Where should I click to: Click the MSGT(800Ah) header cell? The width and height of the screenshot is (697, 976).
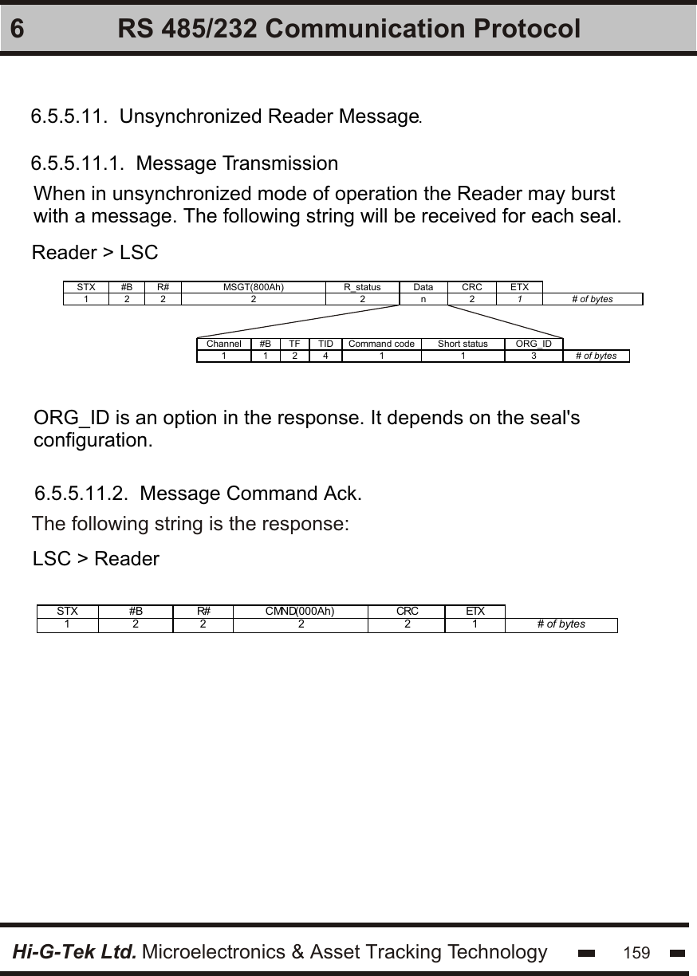click(253, 287)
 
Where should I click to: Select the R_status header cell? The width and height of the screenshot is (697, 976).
click(362, 287)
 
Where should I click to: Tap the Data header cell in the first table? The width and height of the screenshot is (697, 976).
click(423, 287)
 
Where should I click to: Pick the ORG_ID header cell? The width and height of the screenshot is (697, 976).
click(534, 344)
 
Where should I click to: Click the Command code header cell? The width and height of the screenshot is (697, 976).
click(381, 344)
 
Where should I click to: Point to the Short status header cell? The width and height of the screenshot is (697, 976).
click(463, 344)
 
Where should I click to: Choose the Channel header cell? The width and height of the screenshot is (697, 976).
click(224, 344)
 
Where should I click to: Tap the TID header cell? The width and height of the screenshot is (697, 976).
click(325, 344)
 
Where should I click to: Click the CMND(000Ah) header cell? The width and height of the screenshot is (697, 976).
click(300, 612)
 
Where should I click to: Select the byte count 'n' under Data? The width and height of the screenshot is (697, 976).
click(423, 299)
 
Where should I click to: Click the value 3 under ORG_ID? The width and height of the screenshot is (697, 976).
click(534, 356)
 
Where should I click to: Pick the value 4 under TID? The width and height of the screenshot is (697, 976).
click(325, 356)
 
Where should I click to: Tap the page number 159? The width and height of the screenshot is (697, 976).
click(636, 953)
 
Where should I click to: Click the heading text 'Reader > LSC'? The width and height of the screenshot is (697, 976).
click(95, 254)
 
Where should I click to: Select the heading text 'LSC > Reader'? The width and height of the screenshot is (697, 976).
click(96, 559)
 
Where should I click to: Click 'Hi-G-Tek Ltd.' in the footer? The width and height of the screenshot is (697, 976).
click(74, 951)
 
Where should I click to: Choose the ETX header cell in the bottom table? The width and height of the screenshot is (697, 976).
click(475, 612)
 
